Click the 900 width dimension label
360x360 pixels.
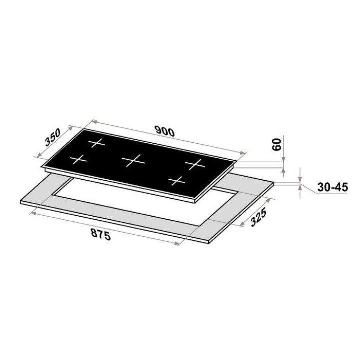tap(165, 131)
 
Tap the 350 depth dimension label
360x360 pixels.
tap(53, 137)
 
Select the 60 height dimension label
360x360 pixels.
tap(276, 144)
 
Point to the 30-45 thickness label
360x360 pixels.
tap(332, 187)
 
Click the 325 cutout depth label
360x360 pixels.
tap(258, 217)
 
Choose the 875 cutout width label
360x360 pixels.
tap(101, 234)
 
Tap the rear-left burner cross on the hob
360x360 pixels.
tap(96, 143)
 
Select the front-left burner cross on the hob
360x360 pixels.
tap(78, 160)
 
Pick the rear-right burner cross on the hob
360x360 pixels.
tap(195, 164)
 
